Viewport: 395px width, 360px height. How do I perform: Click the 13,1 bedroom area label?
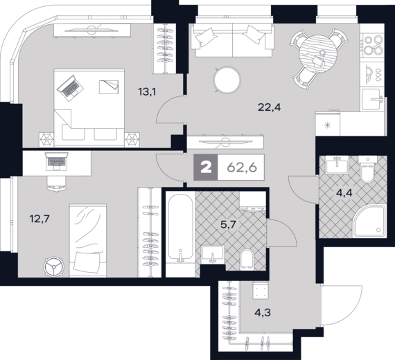[147, 92]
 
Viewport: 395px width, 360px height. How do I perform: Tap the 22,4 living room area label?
[270, 107]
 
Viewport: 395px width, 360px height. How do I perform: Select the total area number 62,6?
[242, 168]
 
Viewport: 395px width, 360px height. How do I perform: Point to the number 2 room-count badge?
[206, 168]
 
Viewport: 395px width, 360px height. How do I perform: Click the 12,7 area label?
[39, 219]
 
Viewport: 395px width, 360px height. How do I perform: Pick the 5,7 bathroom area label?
[228, 224]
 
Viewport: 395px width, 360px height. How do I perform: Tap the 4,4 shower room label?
[344, 193]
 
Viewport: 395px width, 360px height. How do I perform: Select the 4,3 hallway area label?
[263, 313]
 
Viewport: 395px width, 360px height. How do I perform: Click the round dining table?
[318, 54]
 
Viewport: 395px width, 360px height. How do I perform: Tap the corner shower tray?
[369, 221]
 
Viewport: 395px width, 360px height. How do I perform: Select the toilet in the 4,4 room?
[367, 169]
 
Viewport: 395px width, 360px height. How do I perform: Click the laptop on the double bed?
[70, 88]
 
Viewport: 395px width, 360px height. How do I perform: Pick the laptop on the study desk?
[56, 161]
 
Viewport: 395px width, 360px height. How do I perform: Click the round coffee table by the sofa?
[227, 80]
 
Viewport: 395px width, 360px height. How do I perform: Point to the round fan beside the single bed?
[53, 267]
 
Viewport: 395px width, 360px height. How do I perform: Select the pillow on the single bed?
[86, 262]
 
